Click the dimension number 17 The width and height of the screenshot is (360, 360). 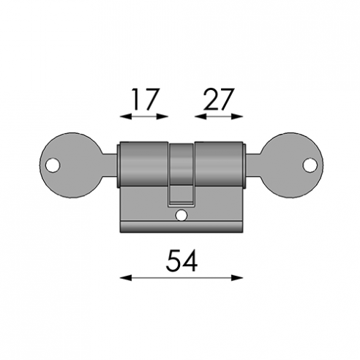click(146, 100)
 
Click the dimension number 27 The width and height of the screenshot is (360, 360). click(219, 100)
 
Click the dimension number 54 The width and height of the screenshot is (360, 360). click(181, 260)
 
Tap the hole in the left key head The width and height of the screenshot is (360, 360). click(53, 165)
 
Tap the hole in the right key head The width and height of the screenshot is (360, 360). click(310, 165)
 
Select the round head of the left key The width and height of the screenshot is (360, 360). click(71, 165)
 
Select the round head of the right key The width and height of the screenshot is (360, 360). click(292, 165)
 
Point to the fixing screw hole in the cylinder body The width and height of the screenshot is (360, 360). click(181, 215)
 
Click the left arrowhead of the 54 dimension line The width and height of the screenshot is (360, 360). click(126, 277)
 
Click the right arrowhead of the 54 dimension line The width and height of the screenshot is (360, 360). click(237, 277)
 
